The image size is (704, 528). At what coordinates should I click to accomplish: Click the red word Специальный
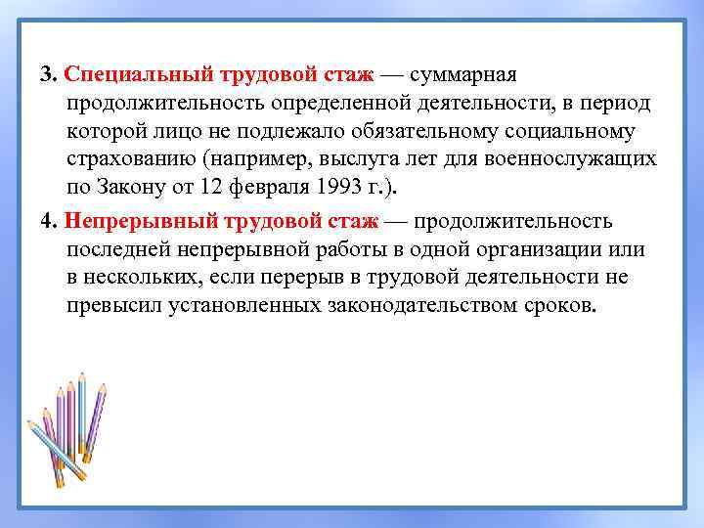127,75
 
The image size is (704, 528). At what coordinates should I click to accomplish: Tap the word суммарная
470,75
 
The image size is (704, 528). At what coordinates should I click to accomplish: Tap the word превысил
112,305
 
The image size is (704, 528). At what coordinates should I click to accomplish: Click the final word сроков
558,305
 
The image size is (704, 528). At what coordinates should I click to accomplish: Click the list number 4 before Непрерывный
46,220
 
